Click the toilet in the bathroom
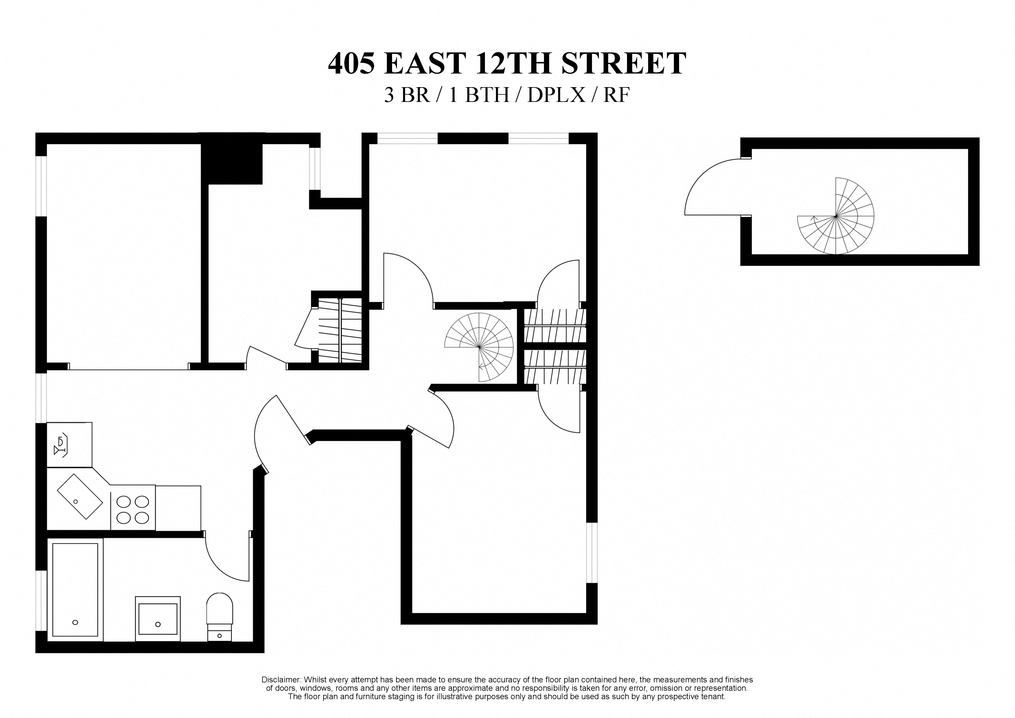coord(220,615)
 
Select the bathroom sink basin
coord(158,618)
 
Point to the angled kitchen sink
coord(80,496)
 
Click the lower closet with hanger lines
coord(555,367)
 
